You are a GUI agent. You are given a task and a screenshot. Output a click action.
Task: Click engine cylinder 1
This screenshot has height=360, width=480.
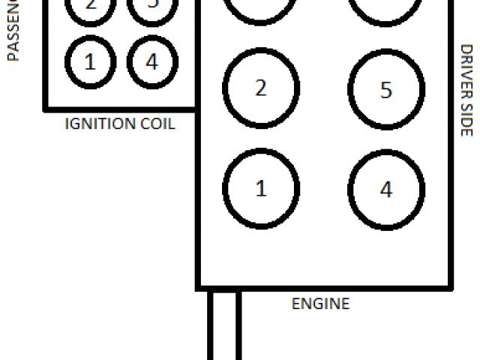(x=261, y=188)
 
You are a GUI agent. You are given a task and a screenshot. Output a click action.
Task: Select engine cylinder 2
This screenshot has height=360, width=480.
(x=261, y=88)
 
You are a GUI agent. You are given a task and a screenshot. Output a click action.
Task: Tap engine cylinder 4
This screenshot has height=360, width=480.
(x=385, y=189)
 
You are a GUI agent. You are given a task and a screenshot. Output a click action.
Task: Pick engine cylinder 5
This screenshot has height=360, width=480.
(x=385, y=90)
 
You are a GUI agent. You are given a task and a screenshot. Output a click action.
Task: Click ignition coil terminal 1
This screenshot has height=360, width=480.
(x=91, y=61)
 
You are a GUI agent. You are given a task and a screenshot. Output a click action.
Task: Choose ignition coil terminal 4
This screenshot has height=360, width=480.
(x=151, y=61)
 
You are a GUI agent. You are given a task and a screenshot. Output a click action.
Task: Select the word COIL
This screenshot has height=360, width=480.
(x=157, y=124)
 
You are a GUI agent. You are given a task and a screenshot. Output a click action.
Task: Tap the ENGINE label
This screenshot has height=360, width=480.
(x=320, y=304)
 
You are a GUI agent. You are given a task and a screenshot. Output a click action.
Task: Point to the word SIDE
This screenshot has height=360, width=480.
(x=466, y=120)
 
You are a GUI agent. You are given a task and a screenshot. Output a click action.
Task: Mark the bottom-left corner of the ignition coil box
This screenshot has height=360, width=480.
(x=45, y=109)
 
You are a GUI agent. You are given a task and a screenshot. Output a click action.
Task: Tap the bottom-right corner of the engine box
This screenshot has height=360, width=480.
(x=450, y=287)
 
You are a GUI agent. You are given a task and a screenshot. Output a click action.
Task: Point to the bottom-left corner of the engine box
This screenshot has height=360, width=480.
(x=199, y=287)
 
